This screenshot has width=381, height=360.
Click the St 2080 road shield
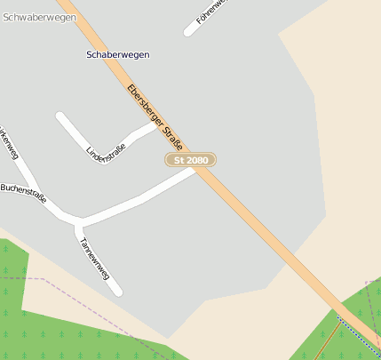point(191,160)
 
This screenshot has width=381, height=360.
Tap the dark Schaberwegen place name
point(118,55)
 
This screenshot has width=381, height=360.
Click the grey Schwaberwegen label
point(38,17)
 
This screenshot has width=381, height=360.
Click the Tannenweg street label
point(94,259)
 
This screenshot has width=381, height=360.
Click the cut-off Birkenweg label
point(8,142)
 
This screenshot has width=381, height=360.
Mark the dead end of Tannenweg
point(117,291)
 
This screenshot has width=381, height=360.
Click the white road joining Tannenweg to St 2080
point(142,196)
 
